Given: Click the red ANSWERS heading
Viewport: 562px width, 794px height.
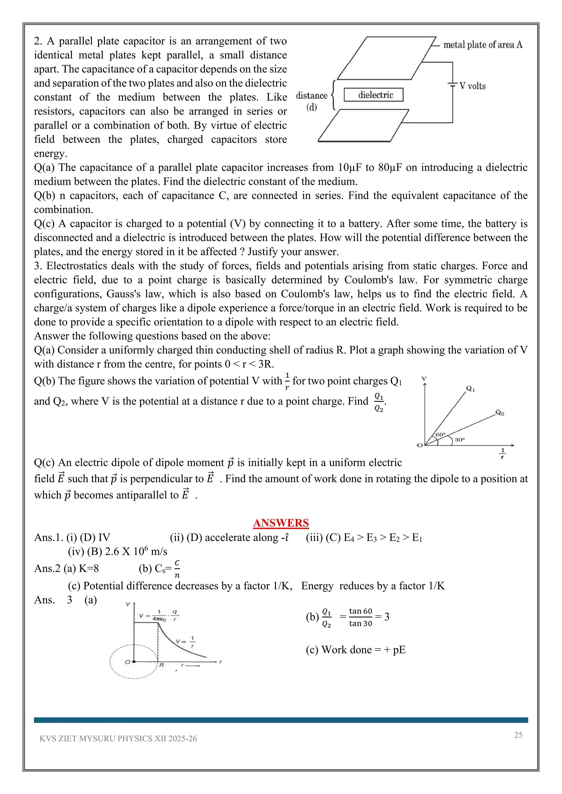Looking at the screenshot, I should coord(281,523).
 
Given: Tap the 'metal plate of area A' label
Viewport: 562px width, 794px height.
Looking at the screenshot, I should coord(482,45).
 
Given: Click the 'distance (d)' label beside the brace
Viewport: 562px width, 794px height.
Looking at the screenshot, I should coord(311,101).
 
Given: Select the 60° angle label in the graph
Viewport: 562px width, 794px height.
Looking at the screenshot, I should coord(440,434).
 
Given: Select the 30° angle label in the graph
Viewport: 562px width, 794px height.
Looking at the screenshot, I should coord(460,439).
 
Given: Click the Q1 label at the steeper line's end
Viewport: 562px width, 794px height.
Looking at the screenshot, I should coord(471,389).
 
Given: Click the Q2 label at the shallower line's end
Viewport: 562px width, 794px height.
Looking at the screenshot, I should coord(500,413).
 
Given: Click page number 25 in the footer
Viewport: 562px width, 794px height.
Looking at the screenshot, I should coord(518,735).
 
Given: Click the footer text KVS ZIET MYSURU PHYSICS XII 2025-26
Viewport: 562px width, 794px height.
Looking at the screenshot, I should coord(118,739).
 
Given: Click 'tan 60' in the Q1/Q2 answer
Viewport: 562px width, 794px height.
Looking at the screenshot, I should coord(360,611).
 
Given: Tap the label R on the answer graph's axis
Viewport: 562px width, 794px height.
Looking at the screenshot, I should coord(161,665).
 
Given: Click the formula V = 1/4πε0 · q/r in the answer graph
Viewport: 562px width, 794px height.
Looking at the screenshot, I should coord(159,616).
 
